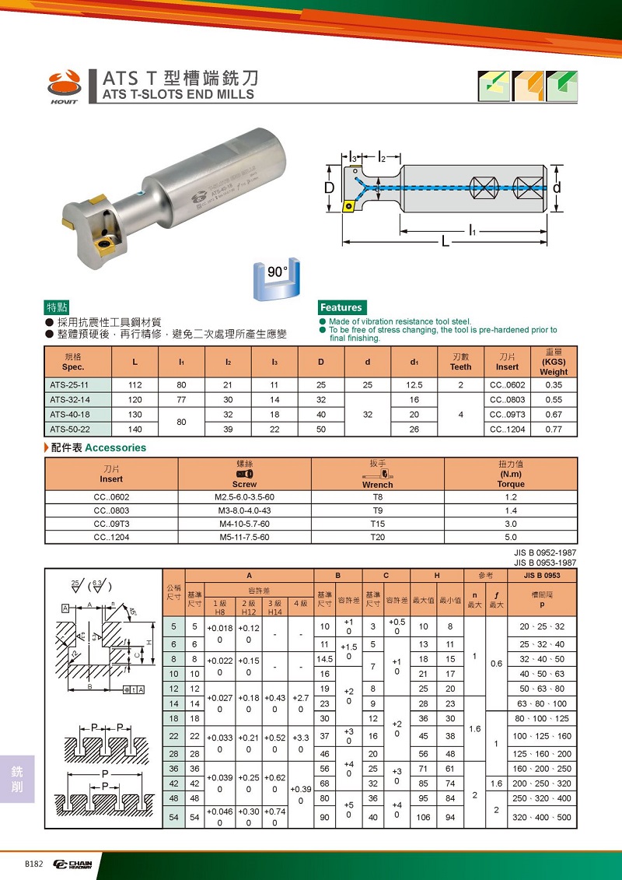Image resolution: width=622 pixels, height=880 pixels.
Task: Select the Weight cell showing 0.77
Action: [554, 429]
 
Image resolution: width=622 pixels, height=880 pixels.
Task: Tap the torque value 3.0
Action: [511, 524]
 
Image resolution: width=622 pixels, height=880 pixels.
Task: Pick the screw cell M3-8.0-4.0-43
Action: [244, 510]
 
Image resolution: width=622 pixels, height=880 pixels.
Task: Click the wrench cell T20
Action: [378, 537]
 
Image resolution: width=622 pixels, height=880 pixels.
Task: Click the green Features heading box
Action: [341, 307]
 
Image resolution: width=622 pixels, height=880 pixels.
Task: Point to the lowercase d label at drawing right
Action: [557, 188]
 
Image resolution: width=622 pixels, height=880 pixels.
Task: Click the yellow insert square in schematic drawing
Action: [350, 207]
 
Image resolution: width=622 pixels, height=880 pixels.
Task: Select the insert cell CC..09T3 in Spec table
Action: [507, 414]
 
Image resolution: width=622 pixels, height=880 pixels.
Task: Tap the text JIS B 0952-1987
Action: [545, 553]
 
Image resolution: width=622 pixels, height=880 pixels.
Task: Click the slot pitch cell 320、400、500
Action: [543, 817]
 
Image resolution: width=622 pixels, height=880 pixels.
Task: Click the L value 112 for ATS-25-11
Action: [137, 384]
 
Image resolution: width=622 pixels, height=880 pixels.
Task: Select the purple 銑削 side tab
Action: [17, 778]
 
